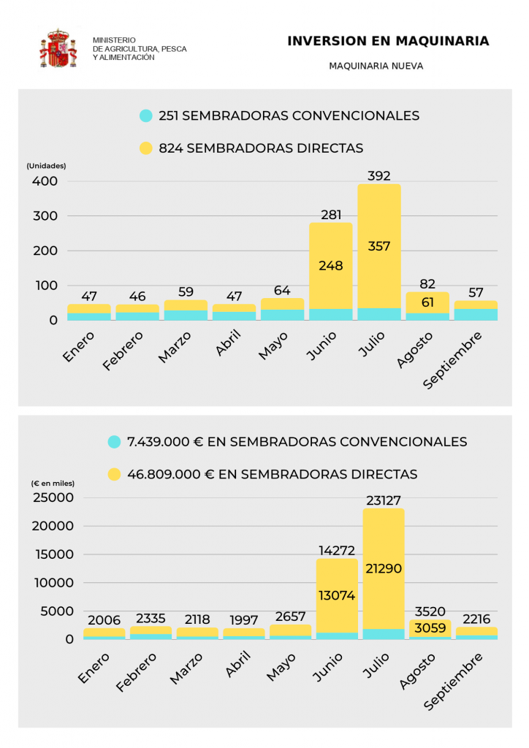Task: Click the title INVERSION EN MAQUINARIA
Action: pos(388,42)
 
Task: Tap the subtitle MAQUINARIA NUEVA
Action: pos(376,66)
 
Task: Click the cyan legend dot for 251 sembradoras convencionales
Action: pos(146,115)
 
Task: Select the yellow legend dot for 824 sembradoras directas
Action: pos(146,148)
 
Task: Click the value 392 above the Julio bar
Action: pos(379,176)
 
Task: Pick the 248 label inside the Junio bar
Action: pos(330,266)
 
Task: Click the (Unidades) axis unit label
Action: pos(47,166)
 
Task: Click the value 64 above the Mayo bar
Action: pos(282,291)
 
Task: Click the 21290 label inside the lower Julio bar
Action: pos(384,568)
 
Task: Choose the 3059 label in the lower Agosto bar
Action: pos(430,628)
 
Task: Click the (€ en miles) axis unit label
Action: pos(53,484)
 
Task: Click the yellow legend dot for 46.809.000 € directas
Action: pos(115,474)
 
